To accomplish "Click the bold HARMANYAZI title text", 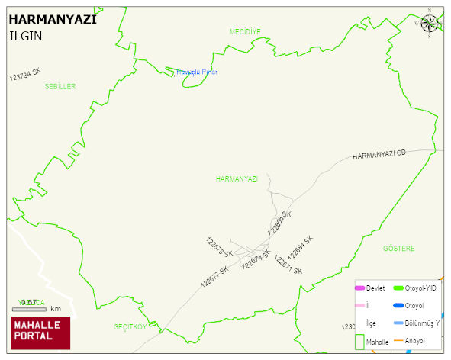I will [x=52, y=21].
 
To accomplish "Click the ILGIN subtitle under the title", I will [x=26, y=36].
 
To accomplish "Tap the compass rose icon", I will [x=430, y=24].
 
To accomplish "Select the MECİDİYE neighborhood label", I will [x=245, y=31].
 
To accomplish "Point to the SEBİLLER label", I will [x=60, y=87].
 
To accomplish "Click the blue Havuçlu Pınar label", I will [x=197, y=72].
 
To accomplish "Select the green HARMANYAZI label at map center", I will [x=237, y=178].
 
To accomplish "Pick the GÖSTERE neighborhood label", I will [x=398, y=249].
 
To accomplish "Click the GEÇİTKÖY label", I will [x=129, y=326].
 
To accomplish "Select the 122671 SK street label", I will [x=288, y=265].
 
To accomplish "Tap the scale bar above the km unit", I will [x=29, y=309].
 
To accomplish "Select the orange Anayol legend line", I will [x=398, y=340].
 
